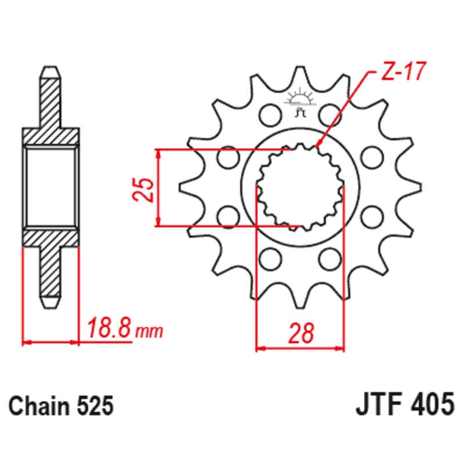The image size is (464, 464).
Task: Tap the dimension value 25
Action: click(x=144, y=188)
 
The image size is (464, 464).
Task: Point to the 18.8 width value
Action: click(x=109, y=328)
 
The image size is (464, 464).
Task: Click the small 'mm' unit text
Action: click(x=150, y=332)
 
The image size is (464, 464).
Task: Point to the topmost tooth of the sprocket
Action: click(x=300, y=74)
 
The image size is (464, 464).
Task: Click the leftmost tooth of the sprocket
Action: click(x=187, y=188)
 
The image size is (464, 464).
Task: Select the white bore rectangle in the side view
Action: click(x=50, y=187)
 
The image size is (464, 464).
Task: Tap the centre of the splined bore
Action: click(x=300, y=187)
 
